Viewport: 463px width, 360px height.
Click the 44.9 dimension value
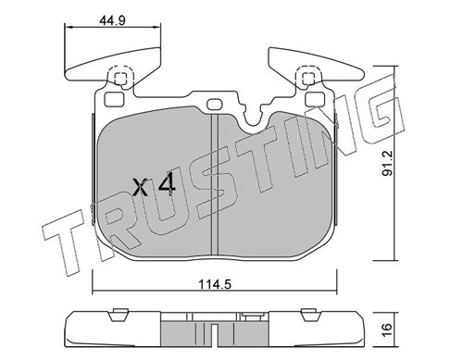click(x=112, y=20)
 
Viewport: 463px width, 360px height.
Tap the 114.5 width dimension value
click(x=215, y=284)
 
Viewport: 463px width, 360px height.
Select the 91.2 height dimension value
click(x=387, y=163)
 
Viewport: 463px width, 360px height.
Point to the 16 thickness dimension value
click(x=387, y=330)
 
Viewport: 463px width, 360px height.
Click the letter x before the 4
click(x=140, y=188)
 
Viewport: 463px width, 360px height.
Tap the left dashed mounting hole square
click(x=120, y=79)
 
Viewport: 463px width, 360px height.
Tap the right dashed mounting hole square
click(x=308, y=79)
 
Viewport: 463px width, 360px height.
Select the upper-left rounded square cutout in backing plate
click(x=114, y=99)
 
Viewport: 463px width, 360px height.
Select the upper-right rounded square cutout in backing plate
click(x=315, y=99)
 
